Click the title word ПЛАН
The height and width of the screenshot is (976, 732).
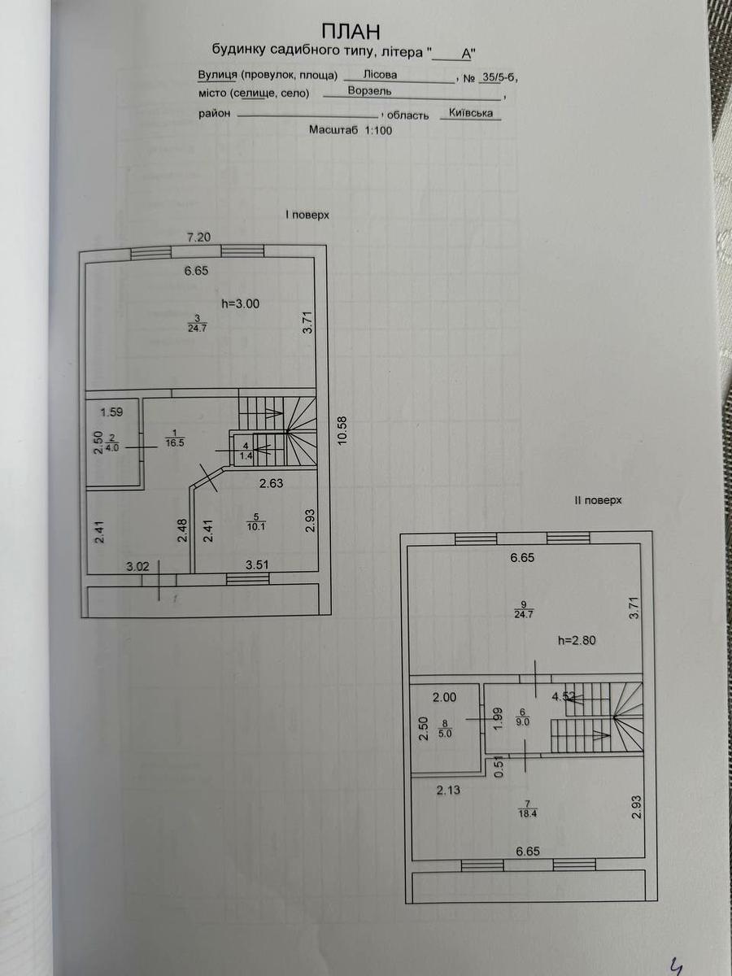pos(351,32)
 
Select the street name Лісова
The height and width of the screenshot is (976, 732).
pos(380,75)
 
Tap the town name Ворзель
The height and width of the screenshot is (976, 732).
pos(370,91)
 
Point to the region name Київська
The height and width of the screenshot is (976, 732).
pos(471,113)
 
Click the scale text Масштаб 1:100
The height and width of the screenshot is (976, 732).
pos(351,130)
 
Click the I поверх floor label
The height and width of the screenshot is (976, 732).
pos(307,216)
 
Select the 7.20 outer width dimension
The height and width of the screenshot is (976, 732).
pos(198,237)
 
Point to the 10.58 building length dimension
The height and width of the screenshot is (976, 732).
pos(342,430)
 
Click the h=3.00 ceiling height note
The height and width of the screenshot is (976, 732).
pos(241,304)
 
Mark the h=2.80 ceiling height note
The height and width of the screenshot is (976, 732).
pos(577,640)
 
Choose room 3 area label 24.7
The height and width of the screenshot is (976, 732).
pos(198,329)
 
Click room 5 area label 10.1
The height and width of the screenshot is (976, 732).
pos(256,527)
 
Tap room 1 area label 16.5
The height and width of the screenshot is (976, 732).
pos(175,443)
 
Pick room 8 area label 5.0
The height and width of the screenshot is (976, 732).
pos(445,734)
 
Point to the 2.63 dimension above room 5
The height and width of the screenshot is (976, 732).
pos(271,483)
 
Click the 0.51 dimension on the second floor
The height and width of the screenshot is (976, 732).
pos(499,768)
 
